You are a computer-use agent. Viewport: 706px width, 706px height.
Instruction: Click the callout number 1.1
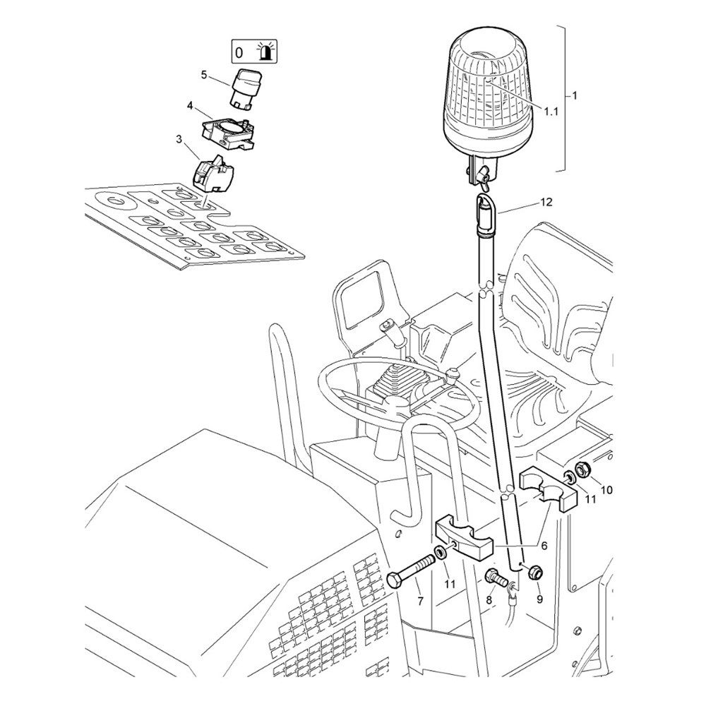coord(551,112)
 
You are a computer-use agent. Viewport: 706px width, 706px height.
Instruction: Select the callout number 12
coord(546,202)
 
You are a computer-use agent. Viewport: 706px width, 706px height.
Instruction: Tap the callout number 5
coord(204,75)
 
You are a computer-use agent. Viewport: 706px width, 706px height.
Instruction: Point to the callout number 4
coord(190,106)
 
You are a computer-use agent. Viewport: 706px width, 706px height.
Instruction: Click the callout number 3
coord(179,139)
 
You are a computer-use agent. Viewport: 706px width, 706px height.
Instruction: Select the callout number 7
coord(420,601)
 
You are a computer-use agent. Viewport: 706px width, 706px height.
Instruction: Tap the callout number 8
coord(489,599)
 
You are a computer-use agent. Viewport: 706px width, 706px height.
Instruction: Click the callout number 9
coord(540,599)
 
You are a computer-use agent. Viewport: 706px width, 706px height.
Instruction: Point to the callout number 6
coord(544,546)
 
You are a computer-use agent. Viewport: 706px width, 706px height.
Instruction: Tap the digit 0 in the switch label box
coord(239,53)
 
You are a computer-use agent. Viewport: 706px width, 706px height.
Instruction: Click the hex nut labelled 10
coord(582,469)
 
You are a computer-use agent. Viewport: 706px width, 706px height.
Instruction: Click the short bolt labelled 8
coord(496,579)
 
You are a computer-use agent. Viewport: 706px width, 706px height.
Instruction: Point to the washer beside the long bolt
coord(440,552)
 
